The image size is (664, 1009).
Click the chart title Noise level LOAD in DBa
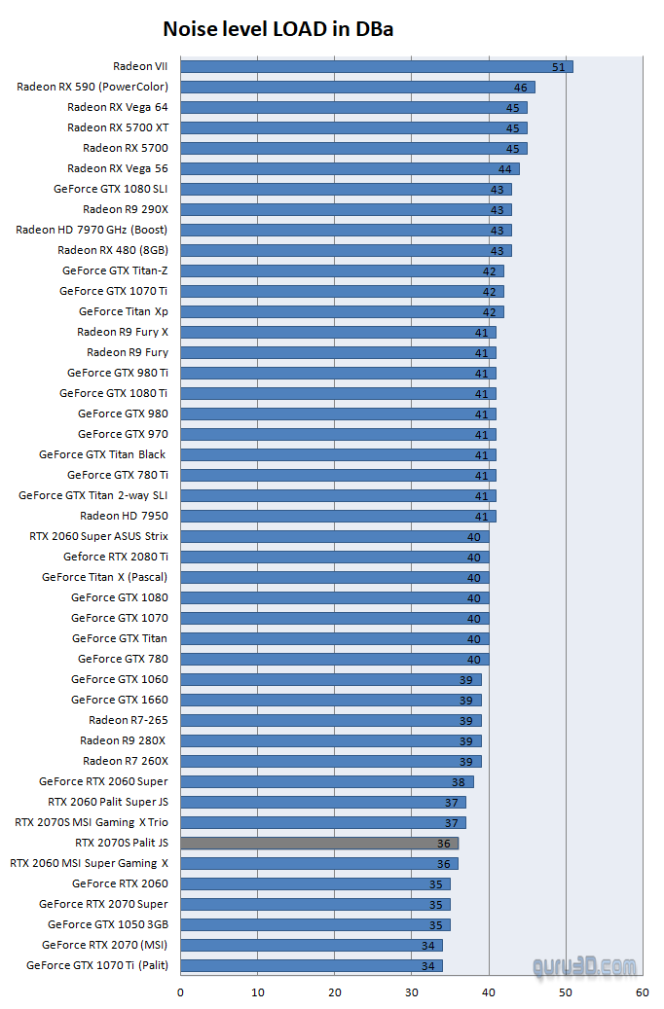point(278,29)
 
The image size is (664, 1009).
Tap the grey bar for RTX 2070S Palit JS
point(319,843)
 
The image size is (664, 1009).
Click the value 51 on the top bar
point(558,67)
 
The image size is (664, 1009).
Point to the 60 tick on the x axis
point(642,992)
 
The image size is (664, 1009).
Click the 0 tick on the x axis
point(180,992)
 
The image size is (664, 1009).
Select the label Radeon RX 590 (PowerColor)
point(92,87)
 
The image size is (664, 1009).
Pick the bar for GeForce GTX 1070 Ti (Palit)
point(312,965)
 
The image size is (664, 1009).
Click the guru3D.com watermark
point(585,965)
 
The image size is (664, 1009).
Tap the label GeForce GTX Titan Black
point(102,454)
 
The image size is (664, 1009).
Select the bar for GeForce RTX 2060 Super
point(327,781)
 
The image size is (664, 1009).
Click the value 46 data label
point(520,88)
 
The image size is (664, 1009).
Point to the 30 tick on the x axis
point(412,992)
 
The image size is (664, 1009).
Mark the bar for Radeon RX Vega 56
point(350,168)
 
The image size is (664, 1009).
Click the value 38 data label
point(458,782)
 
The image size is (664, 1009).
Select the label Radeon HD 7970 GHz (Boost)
point(92,230)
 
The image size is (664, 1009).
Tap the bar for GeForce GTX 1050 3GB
point(315,924)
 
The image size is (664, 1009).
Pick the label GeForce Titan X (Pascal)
point(104,577)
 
